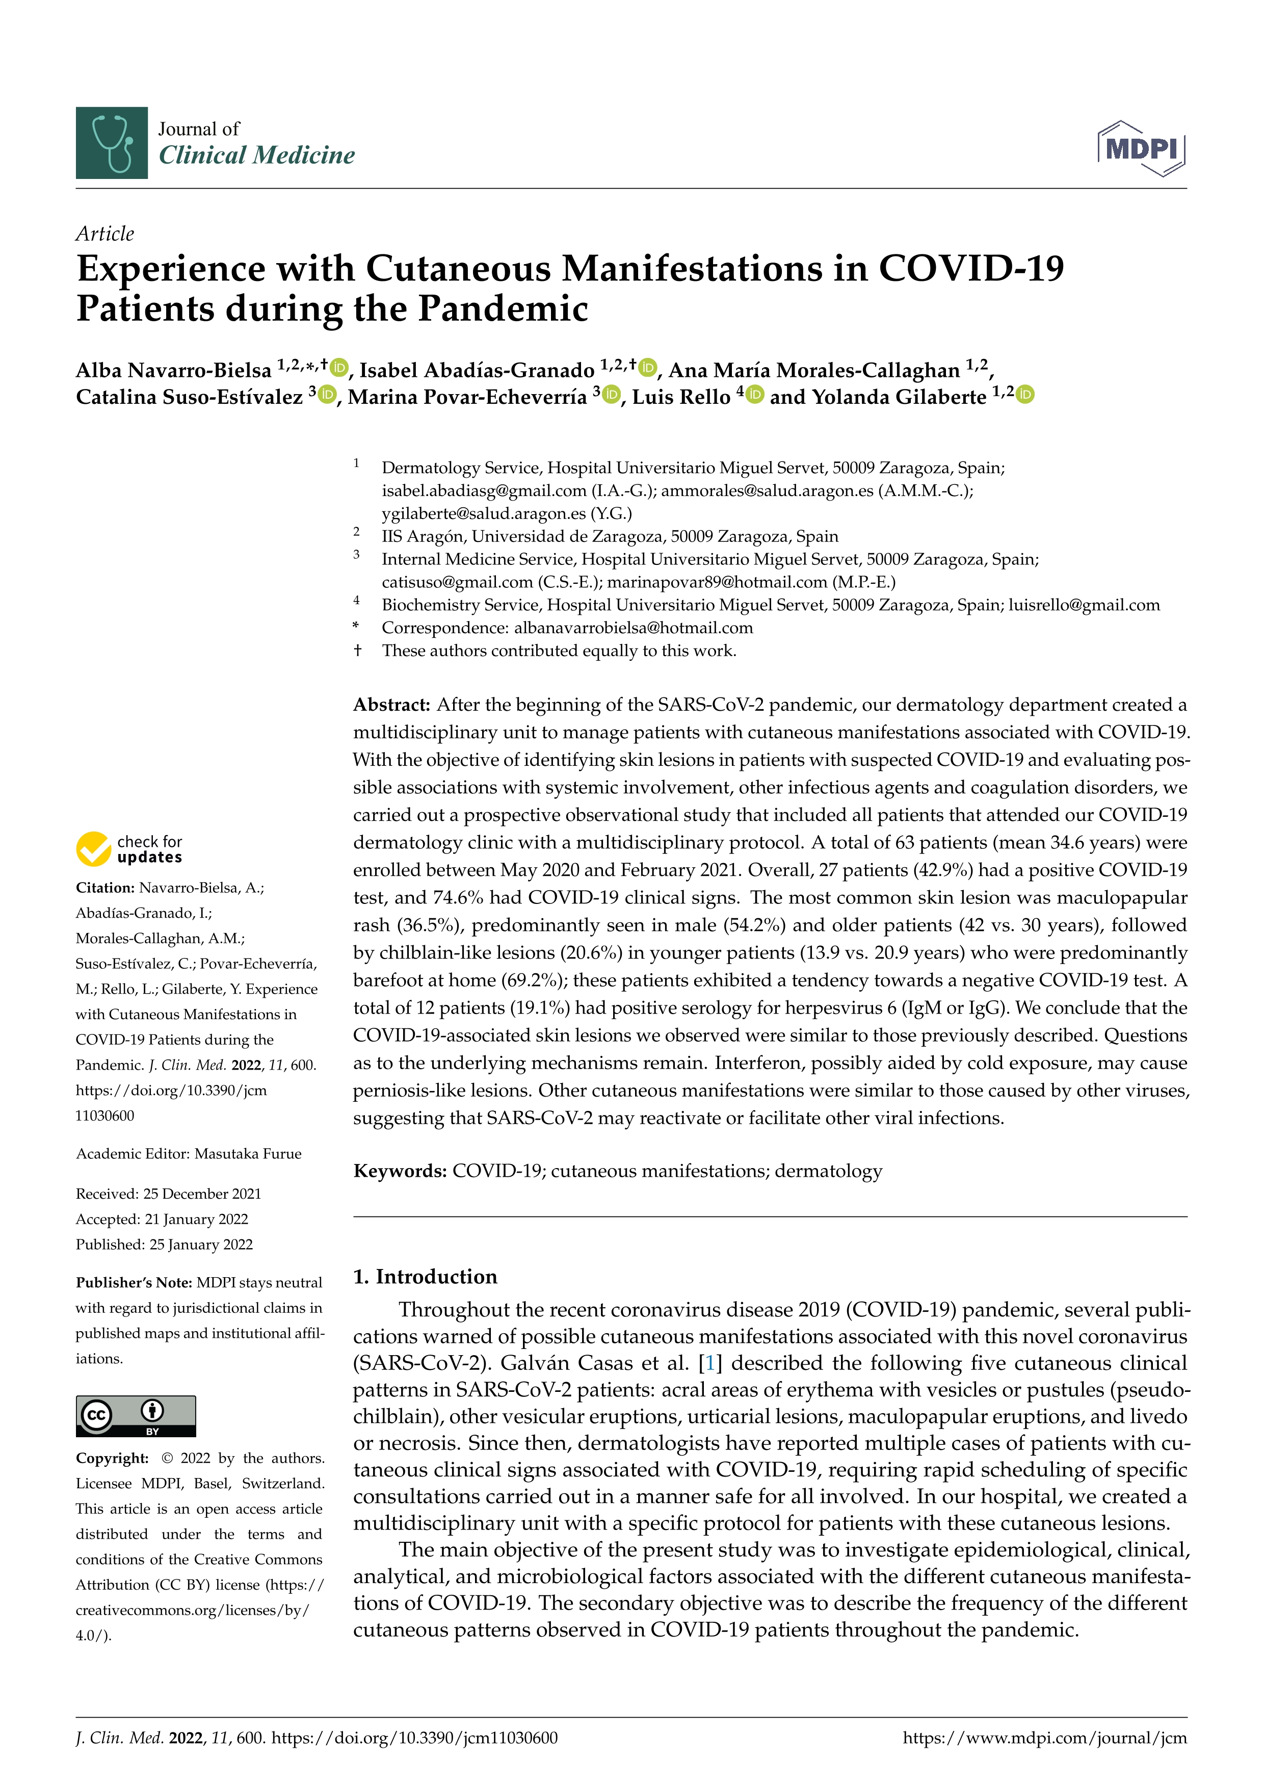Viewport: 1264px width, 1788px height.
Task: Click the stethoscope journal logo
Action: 111,143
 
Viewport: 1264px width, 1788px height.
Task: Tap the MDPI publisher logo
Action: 1141,148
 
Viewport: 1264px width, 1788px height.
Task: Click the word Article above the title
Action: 104,234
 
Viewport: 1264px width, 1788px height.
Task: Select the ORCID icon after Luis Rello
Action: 755,395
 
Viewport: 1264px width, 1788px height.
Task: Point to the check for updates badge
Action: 129,849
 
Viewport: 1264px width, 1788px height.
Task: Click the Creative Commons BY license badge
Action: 136,1416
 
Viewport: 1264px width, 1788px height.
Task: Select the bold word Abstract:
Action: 391,705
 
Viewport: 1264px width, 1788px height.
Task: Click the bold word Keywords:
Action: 400,1171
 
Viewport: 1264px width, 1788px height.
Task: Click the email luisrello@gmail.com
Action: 1084,605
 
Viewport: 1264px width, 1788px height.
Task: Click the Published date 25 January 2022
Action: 201,1245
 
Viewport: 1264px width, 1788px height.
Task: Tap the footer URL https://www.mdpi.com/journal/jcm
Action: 1044,1738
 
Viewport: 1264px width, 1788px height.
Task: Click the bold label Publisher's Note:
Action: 134,1283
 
